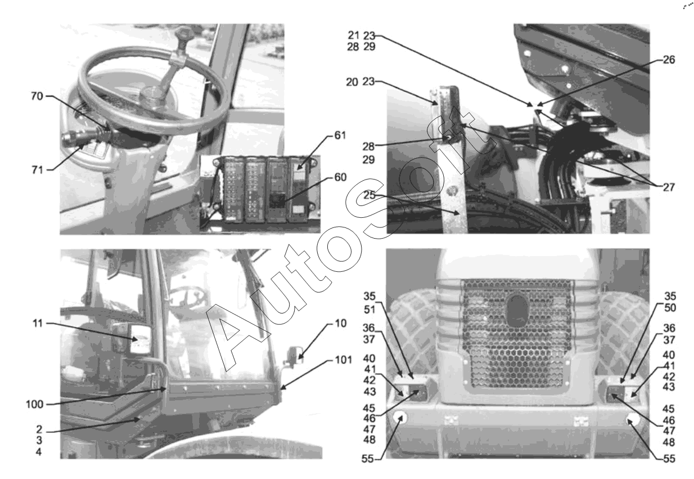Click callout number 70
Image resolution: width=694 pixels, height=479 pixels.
[x=37, y=96]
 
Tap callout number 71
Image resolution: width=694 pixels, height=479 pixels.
[x=37, y=170]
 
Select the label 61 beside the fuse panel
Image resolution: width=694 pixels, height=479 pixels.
[x=340, y=135]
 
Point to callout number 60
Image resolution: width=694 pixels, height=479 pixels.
[x=340, y=177]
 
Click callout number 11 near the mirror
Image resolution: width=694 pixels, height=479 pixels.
[x=38, y=323]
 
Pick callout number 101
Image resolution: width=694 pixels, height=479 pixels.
[x=343, y=360]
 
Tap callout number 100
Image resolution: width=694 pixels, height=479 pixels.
[x=35, y=404]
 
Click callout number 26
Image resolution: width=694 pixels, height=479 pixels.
[x=669, y=60]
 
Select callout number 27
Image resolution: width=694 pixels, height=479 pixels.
[x=669, y=187]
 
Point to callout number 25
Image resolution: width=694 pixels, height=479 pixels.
[x=369, y=195]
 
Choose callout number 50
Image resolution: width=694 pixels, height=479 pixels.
[x=670, y=308]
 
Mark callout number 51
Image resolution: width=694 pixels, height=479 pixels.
[x=369, y=309]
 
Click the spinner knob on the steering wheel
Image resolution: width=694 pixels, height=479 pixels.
[x=183, y=35]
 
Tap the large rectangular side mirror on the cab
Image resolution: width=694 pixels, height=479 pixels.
[x=140, y=339]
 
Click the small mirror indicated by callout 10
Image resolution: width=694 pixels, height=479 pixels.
[x=294, y=355]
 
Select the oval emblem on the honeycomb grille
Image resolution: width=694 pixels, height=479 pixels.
[x=517, y=310]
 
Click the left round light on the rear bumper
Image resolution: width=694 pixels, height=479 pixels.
[x=400, y=418]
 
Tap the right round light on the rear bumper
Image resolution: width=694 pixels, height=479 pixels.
[x=633, y=420]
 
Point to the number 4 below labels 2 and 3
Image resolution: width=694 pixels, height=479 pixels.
[x=39, y=452]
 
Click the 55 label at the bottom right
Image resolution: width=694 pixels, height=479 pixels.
[x=669, y=459]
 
